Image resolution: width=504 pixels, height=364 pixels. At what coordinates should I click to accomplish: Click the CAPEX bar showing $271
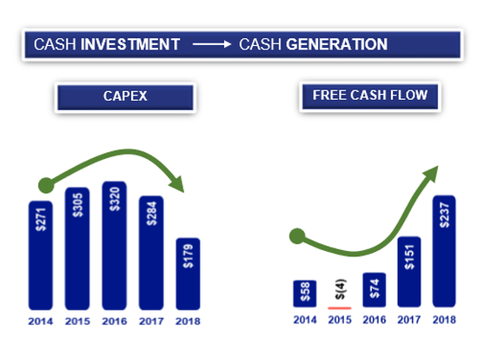[x=42, y=252]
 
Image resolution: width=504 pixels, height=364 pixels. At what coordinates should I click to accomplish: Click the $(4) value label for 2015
[x=340, y=290]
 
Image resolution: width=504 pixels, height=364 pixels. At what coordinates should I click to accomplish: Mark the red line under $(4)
[x=340, y=307]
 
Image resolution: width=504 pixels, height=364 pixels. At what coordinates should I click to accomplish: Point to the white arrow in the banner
[x=209, y=44]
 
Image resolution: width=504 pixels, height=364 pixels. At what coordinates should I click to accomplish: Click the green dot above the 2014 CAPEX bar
[x=44, y=184]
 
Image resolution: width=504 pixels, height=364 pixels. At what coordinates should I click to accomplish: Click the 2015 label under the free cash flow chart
[x=340, y=321]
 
